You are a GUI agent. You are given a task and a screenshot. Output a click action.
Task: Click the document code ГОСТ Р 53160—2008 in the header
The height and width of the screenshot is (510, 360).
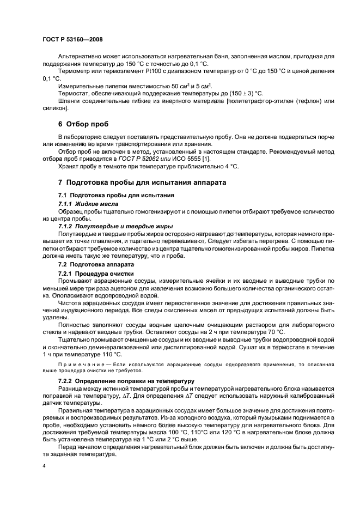click(x=72, y=40)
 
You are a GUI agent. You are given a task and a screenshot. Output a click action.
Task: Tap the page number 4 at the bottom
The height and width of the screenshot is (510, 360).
click(x=44, y=467)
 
